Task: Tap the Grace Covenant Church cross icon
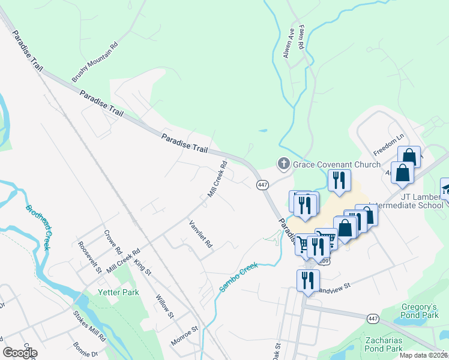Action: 283,163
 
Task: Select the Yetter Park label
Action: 118,292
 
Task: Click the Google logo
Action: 20,352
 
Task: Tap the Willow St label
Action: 164,306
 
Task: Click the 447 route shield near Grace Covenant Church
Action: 262,185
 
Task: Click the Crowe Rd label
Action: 113,242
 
